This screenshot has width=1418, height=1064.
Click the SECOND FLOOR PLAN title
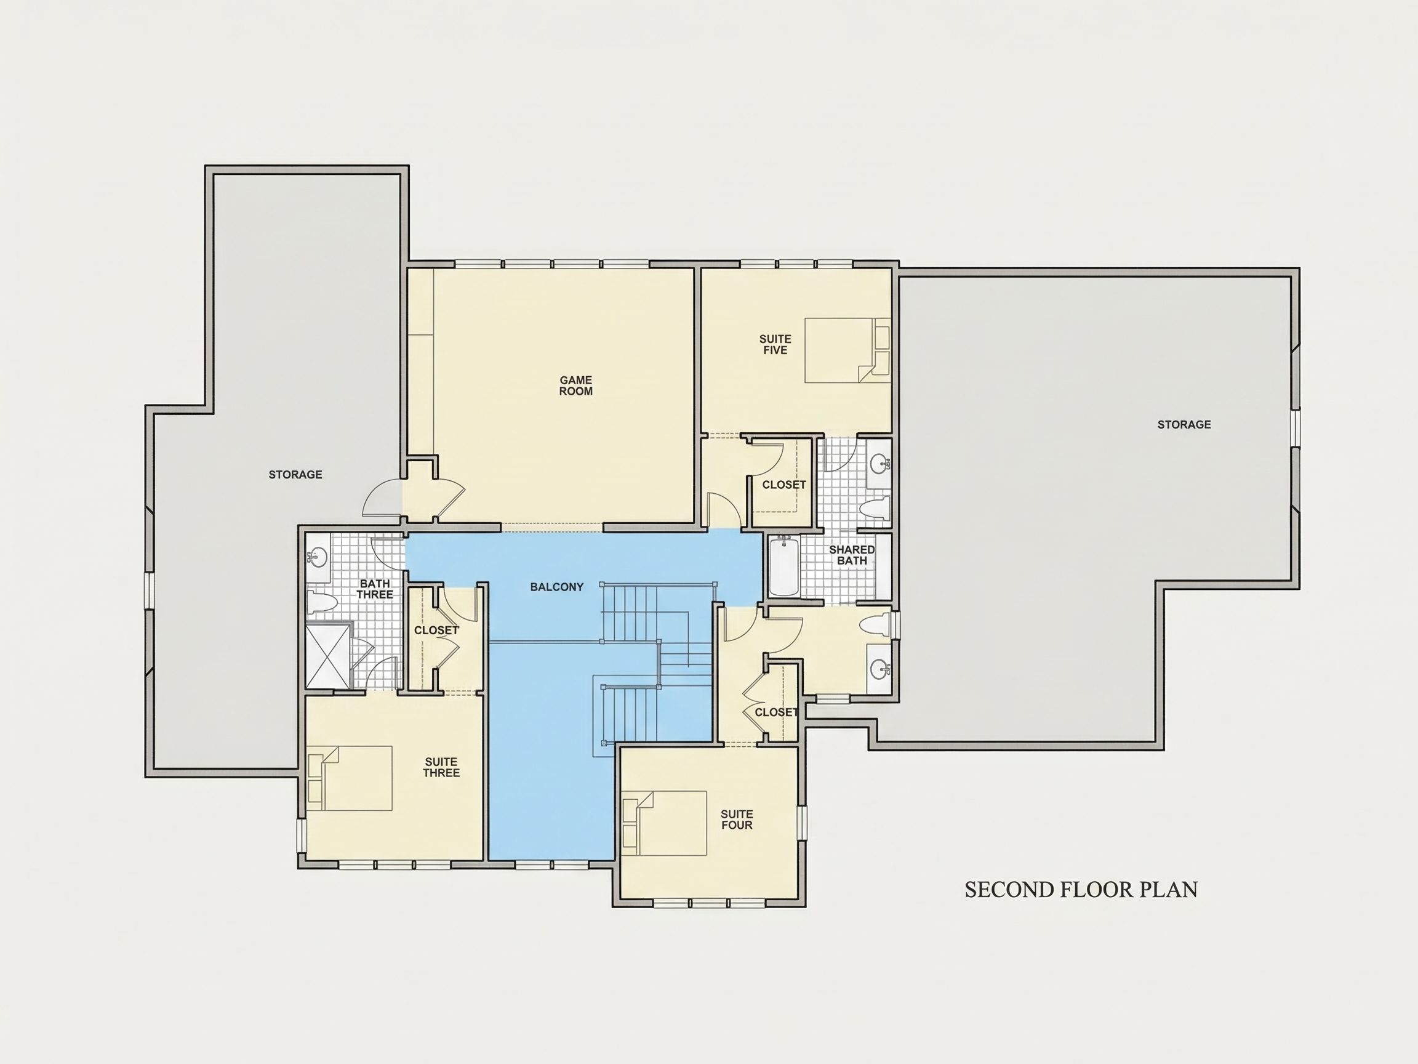pyautogui.click(x=1081, y=890)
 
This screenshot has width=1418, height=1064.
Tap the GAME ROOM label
pyautogui.click(x=575, y=385)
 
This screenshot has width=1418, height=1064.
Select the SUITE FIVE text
pyautogui.click(x=775, y=344)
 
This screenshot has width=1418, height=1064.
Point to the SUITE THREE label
pyautogui.click(x=441, y=768)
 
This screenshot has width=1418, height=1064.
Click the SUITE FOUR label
pyautogui.click(x=737, y=820)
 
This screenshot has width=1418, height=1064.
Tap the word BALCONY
pyautogui.click(x=557, y=587)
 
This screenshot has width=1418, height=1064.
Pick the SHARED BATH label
pyautogui.click(x=852, y=555)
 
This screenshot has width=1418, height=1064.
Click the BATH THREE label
pyautogui.click(x=375, y=589)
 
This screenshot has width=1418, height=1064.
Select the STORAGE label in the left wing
pyautogui.click(x=295, y=475)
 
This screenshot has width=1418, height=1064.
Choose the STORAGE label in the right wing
pyautogui.click(x=1184, y=425)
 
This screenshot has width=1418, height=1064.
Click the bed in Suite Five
pyautogui.click(x=847, y=350)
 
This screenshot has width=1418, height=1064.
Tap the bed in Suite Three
pyautogui.click(x=350, y=778)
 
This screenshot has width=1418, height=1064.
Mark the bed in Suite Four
pyautogui.click(x=664, y=823)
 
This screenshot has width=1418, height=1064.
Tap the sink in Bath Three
pyautogui.click(x=318, y=557)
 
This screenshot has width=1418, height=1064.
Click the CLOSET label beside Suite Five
pyautogui.click(x=784, y=485)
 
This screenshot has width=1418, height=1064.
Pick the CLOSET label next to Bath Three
pyautogui.click(x=436, y=631)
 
